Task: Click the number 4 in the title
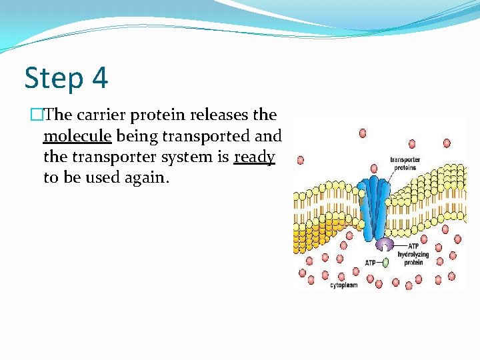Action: pos(99,78)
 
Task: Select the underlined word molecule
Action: pos(77,137)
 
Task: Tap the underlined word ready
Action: pos(254,158)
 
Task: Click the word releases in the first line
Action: pos(217,115)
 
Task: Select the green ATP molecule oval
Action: pos(386,263)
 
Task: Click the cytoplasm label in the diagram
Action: pos(344,285)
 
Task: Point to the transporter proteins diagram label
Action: pos(403,163)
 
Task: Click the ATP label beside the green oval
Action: pos(371,263)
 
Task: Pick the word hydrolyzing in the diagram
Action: pos(413,255)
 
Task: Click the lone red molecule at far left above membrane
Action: pos(301,160)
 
